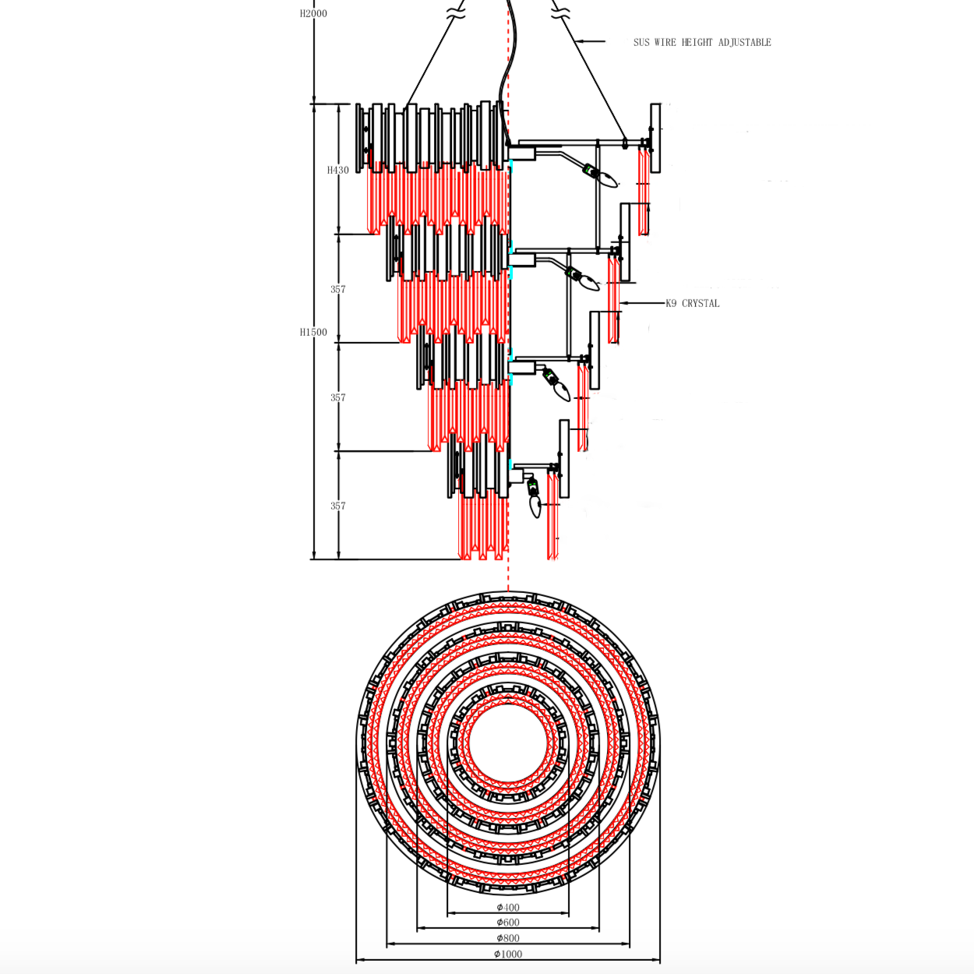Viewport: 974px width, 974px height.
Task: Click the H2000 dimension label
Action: [x=313, y=14]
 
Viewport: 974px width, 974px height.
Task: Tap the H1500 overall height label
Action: [x=313, y=332]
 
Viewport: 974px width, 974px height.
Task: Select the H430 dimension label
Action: [x=337, y=171]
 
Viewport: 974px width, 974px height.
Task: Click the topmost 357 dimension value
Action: [x=338, y=289]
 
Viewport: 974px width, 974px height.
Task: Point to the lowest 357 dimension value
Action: [x=338, y=506]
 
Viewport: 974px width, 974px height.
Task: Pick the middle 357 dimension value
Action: [x=338, y=398]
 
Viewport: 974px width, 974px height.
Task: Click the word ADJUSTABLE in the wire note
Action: [x=745, y=42]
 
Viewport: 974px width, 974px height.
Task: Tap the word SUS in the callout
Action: [x=641, y=42]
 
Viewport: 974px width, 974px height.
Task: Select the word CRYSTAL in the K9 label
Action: [x=701, y=303]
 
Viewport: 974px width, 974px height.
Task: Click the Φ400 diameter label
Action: [x=508, y=907]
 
